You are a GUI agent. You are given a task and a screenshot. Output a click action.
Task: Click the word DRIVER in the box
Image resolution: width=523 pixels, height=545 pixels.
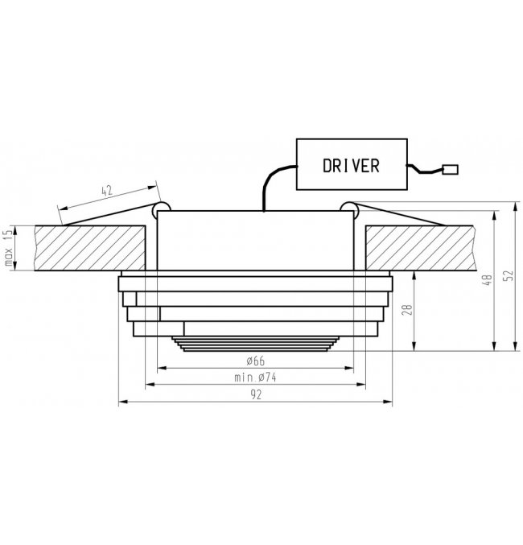351,166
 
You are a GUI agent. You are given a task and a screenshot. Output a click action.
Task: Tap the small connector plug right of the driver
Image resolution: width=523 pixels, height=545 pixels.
450,170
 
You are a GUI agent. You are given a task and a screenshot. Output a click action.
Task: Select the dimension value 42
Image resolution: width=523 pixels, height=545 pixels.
107,191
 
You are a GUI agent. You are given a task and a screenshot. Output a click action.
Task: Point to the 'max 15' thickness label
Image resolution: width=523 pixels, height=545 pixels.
9,247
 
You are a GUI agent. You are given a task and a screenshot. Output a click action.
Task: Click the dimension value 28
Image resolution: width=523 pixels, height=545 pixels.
407,310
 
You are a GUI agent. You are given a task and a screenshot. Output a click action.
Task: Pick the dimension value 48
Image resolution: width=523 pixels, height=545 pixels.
488,280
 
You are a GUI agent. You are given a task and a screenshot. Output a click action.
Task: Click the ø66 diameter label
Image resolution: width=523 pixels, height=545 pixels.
255,361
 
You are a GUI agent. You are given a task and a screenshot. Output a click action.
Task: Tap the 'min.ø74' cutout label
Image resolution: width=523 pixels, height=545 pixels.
255,378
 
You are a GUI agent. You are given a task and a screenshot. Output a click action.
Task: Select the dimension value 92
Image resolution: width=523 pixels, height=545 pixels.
256,394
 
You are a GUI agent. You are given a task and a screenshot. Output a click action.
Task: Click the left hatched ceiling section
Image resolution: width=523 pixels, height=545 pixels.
90,248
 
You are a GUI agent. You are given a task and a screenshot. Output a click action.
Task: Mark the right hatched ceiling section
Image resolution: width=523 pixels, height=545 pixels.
420,248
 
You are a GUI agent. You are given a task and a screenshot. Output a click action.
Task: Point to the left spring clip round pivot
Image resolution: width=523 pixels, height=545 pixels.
161,210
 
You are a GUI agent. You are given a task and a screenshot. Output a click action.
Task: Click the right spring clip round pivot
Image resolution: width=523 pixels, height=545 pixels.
349,210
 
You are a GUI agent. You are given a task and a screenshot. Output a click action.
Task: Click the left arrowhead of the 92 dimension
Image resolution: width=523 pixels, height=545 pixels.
123,403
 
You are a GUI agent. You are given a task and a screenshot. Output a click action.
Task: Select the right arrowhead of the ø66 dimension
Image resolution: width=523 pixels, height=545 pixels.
348,368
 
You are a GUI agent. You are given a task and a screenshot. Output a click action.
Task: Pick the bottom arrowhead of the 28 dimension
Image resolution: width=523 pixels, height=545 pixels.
414,346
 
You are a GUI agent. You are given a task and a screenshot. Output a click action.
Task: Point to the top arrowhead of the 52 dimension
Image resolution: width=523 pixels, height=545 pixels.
515,206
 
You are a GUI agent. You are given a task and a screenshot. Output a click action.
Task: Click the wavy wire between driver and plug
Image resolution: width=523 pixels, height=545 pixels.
424,170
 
